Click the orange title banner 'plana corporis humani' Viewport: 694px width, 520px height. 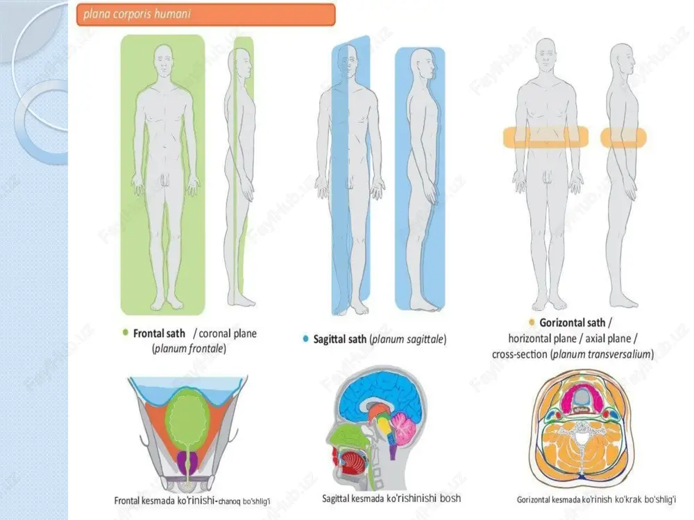[206, 15]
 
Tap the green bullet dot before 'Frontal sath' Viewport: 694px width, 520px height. [125, 333]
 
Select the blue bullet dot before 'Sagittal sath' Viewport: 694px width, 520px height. [305, 339]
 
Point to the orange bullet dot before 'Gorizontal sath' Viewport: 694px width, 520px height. [532, 322]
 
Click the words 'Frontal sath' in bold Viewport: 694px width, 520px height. [159, 333]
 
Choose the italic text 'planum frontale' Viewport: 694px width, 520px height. [189, 349]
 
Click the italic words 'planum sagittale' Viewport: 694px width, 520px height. [407, 339]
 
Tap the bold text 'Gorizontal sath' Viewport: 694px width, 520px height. [572, 323]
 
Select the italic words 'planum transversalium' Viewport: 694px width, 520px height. [602, 354]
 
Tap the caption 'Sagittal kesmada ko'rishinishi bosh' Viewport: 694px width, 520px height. [391, 499]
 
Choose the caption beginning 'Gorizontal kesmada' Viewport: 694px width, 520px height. [596, 500]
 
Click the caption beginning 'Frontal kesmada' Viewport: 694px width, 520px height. [192, 501]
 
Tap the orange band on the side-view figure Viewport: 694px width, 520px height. [623, 137]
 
